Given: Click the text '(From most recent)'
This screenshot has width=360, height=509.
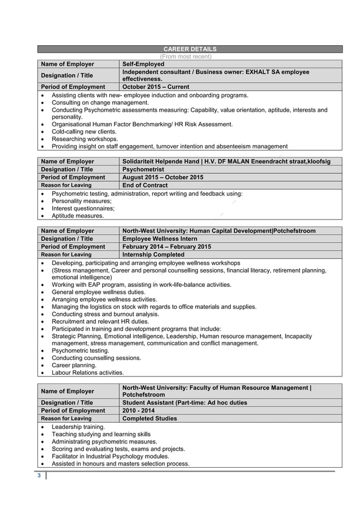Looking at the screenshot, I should click(186, 56).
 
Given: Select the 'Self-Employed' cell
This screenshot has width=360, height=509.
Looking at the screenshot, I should click(143, 64).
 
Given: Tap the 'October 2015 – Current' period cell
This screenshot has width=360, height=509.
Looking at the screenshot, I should click(156, 87).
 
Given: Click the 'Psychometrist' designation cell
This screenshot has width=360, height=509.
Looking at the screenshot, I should click(143, 169).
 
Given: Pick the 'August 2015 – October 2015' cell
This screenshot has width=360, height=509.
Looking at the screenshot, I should click(163, 177).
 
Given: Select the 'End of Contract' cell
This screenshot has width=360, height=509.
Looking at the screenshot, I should click(145, 185).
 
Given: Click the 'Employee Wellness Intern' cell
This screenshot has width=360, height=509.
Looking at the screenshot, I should click(160, 239).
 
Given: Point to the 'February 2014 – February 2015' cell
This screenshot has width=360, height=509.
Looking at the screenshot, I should click(166, 247).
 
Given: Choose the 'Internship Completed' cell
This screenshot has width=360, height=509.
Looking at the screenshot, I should click(153, 254).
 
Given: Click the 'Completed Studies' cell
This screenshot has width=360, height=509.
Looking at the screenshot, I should click(150, 419).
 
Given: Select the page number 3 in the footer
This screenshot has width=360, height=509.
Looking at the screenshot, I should click(39, 476).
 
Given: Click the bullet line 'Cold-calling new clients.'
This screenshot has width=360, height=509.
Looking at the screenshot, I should click(84, 131).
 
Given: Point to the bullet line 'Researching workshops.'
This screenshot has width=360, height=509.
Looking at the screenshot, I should click(85, 139).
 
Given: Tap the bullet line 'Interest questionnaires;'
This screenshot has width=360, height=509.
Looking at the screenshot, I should click(83, 208).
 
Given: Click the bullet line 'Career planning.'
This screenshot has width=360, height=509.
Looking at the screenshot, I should click(74, 365).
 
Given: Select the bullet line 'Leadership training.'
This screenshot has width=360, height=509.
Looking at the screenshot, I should click(78, 427).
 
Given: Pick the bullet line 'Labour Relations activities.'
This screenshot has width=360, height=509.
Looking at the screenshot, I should click(87, 372).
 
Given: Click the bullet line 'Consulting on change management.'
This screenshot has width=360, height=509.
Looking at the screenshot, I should click(100, 103).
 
